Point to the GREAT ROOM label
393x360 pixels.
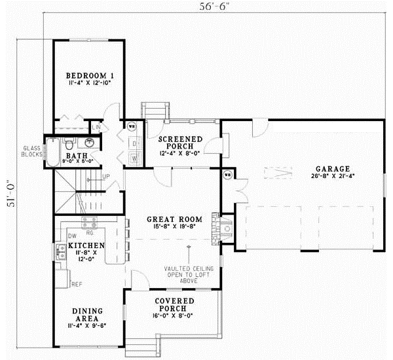[174, 219]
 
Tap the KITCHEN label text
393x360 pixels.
[83, 245]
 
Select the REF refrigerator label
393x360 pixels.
[77, 283]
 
